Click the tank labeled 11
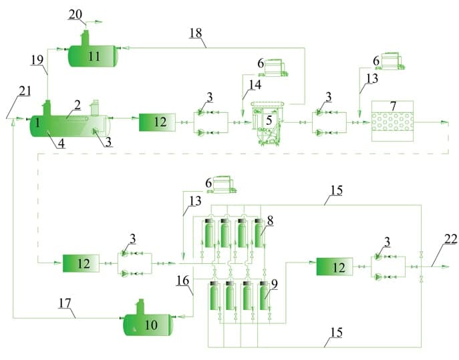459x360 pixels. [x=94, y=56]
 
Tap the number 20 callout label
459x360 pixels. [x=75, y=13]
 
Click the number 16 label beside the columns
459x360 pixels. [x=184, y=281]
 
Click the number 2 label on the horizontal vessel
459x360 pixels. [x=78, y=105]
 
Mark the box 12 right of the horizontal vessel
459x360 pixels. [x=157, y=122]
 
